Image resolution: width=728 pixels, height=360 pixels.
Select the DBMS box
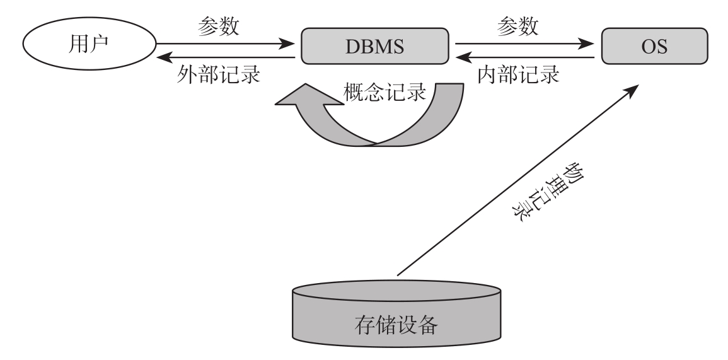tap(374, 46)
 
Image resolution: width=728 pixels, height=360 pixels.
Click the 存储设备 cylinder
tap(397, 315)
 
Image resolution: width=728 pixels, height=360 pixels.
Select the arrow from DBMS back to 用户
tap(227, 58)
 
